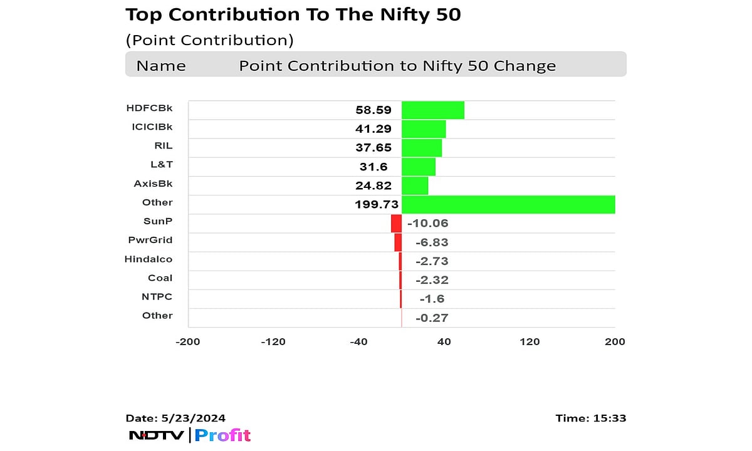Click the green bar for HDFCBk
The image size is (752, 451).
click(432, 110)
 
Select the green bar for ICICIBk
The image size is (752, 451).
click(424, 129)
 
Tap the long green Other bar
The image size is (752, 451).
click(508, 205)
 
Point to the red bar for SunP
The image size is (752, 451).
click(396, 224)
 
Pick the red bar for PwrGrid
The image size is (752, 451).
click(398, 242)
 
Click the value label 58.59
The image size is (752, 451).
click(373, 110)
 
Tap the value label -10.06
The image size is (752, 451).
click(428, 224)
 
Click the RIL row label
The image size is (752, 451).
click(163, 146)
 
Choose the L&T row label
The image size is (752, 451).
click(162, 165)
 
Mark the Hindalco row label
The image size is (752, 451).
click(149, 259)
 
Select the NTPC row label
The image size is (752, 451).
click(157, 296)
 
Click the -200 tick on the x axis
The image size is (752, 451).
click(188, 342)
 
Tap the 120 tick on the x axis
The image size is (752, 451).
click(530, 342)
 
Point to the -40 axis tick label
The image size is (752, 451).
click(358, 342)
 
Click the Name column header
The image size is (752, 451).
click(161, 66)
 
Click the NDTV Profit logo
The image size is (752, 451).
click(189, 435)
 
